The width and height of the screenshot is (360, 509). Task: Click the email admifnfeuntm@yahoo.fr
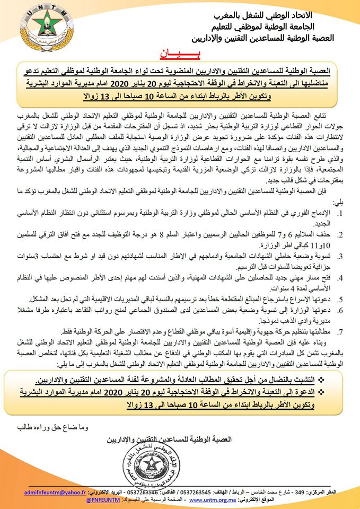point(57,493)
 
